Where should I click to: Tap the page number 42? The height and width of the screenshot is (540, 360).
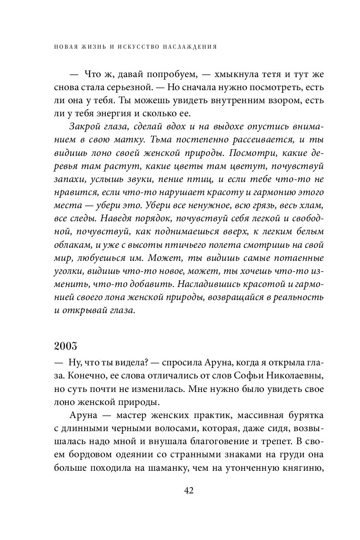pyautogui.click(x=189, y=490)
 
